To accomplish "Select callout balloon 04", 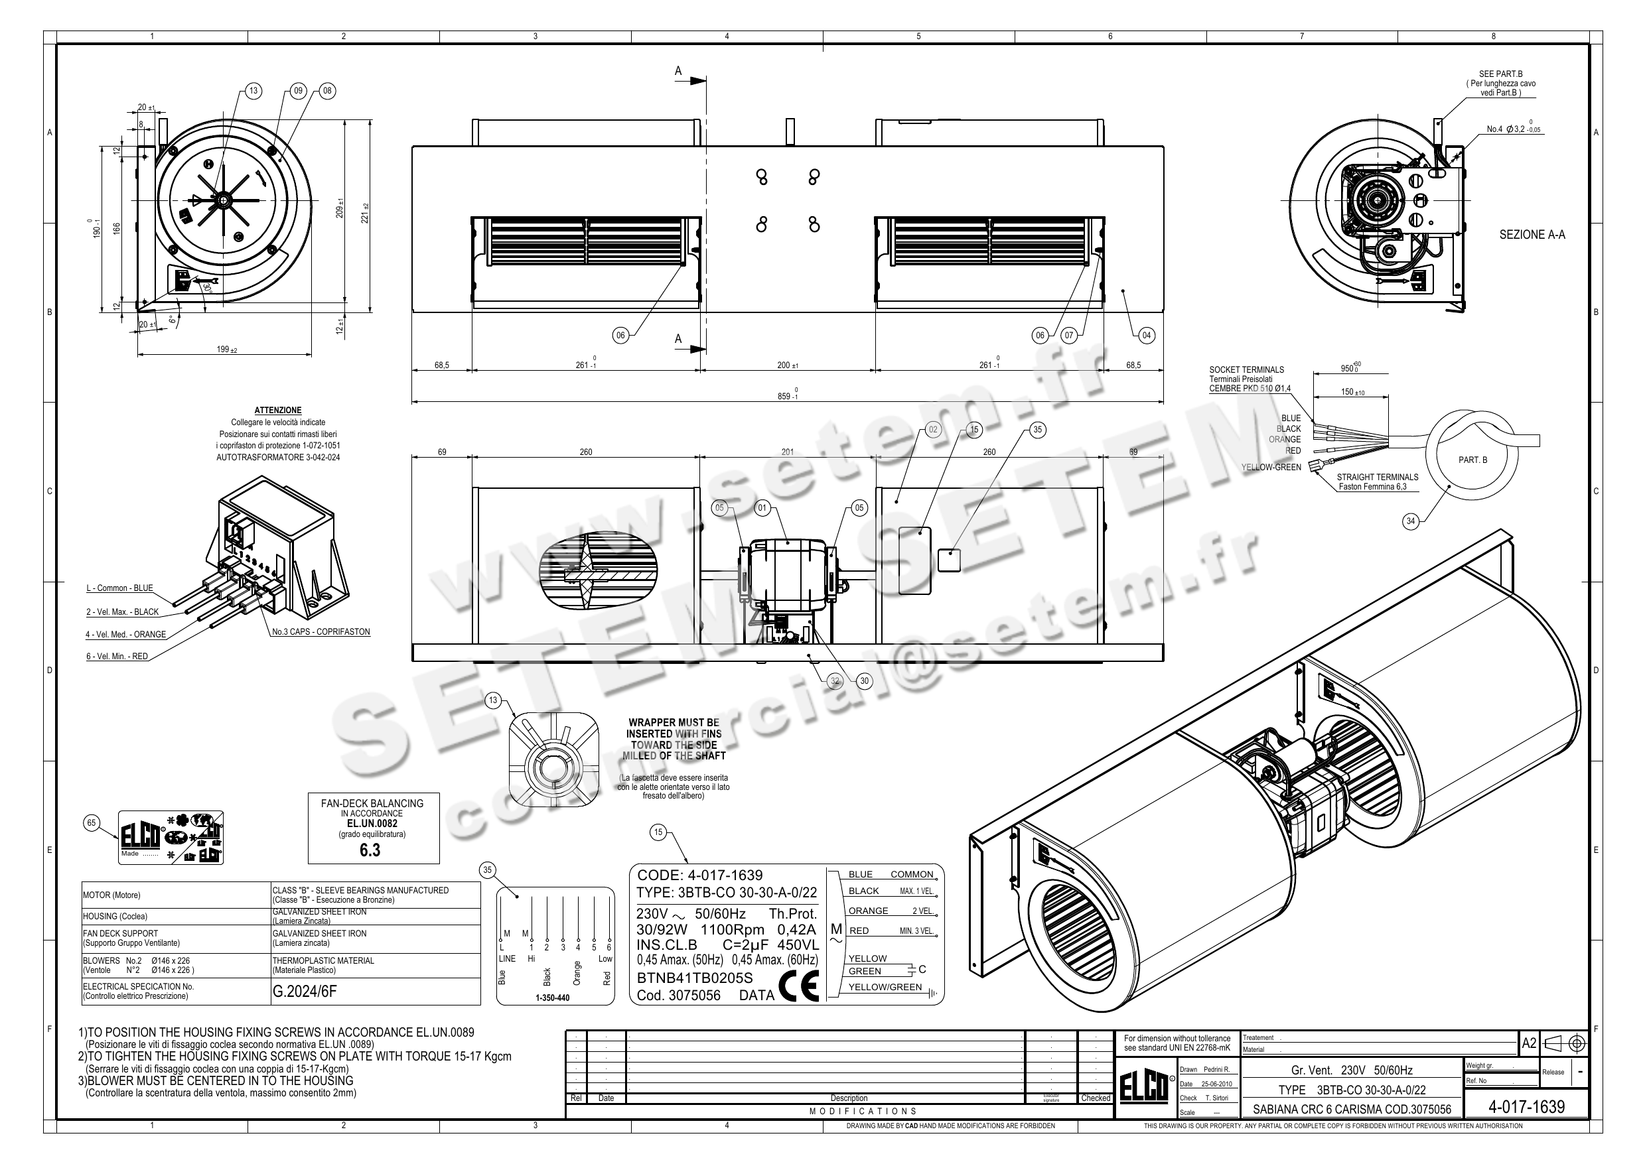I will (x=1146, y=335).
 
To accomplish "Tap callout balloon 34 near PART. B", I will (x=1410, y=521).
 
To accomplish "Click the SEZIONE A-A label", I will (x=1532, y=235).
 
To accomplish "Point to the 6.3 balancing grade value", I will (x=370, y=850).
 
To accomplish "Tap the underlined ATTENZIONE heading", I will (x=277, y=411).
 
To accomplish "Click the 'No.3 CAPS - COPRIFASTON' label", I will (x=321, y=632).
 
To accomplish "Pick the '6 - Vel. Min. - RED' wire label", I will (x=117, y=656).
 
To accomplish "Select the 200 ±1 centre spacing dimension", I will (x=788, y=365).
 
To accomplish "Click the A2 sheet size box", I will (x=1529, y=1043).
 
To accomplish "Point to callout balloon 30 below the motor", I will (x=865, y=681).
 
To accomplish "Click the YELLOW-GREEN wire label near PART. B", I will (x=1270, y=467).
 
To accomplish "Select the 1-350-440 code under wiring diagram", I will (x=552, y=998).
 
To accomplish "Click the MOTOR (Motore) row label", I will (x=112, y=895).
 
